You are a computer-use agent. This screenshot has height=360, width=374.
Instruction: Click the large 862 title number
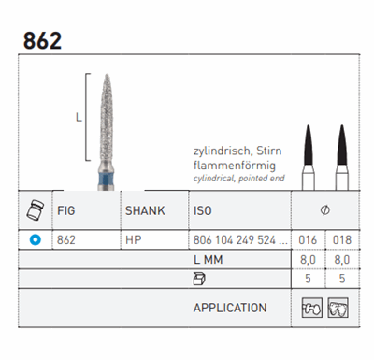pos(42,41)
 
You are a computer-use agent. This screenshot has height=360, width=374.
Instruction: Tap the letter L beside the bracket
pos(79,117)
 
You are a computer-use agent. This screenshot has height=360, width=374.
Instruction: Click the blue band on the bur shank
pos(106,180)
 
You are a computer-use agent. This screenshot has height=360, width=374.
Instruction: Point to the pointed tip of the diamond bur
pos(107,75)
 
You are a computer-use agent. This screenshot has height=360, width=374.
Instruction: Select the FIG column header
pos(66,210)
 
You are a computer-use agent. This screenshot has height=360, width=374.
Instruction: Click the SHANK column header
pos(145,210)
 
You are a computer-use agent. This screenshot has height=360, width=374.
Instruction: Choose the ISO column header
pos(203,210)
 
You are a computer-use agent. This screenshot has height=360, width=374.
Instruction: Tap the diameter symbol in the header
pos(325,210)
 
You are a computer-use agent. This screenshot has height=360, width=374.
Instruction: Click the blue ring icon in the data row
pos(36,239)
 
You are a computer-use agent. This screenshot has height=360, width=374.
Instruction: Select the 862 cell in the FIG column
pos(66,240)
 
